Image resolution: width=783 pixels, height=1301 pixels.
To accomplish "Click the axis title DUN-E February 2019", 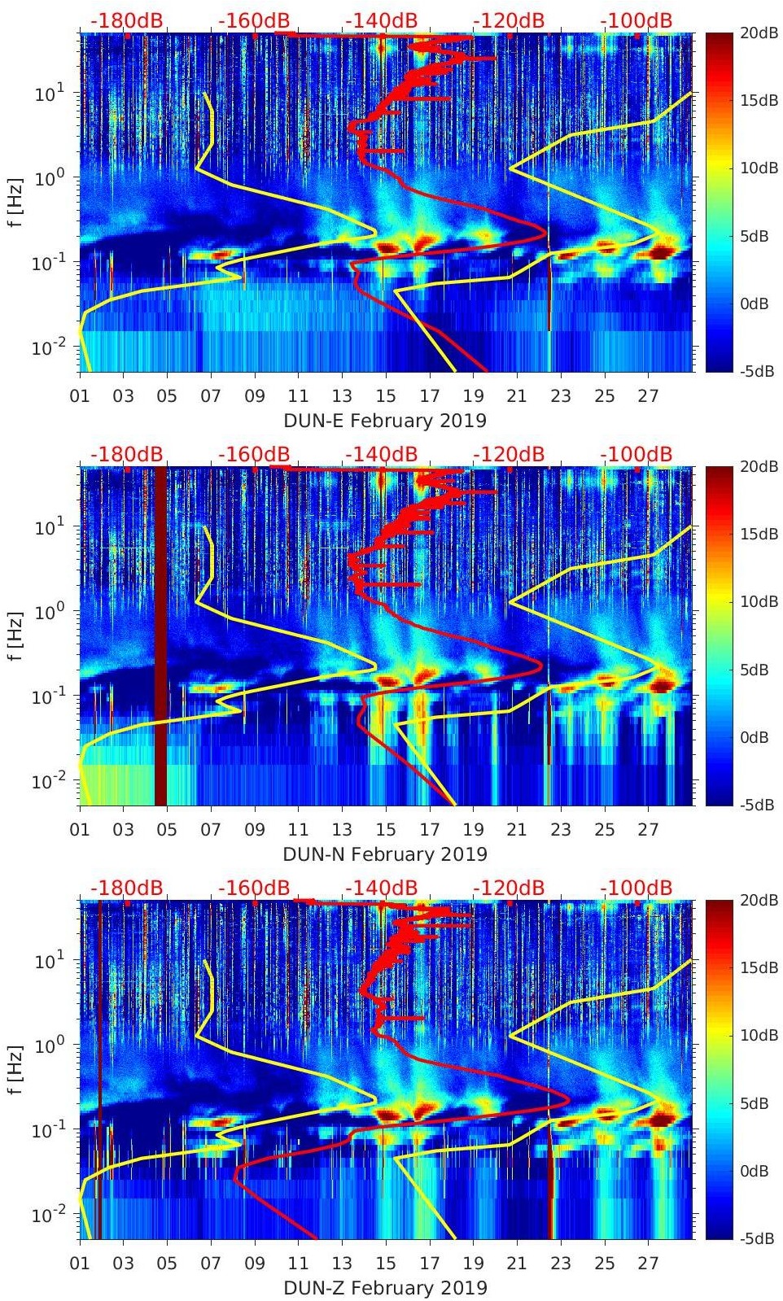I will [384, 421].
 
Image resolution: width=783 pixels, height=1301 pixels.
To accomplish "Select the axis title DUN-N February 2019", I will [384, 854].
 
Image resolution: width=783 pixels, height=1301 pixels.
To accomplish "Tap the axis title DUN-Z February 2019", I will [384, 1288].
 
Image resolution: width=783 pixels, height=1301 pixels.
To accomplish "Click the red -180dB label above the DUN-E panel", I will [126, 20].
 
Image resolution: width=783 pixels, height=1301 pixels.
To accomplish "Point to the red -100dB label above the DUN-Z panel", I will [636, 888].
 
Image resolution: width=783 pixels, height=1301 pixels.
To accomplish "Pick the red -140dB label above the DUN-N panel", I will [381, 454].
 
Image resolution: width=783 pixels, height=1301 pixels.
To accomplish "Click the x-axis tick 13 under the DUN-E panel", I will [342, 396].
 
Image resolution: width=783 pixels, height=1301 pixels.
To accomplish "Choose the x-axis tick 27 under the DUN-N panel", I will [648, 830].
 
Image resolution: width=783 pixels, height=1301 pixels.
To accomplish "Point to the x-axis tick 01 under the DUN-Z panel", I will [80, 1264].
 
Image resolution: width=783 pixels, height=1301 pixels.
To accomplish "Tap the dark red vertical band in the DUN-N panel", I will [160, 635].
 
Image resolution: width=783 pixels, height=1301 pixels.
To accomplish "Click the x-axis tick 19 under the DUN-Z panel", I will [473, 1264].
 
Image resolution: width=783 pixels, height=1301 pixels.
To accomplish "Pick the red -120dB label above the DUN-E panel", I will [509, 20].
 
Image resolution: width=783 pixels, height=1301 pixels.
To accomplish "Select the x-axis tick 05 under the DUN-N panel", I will [167, 830].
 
